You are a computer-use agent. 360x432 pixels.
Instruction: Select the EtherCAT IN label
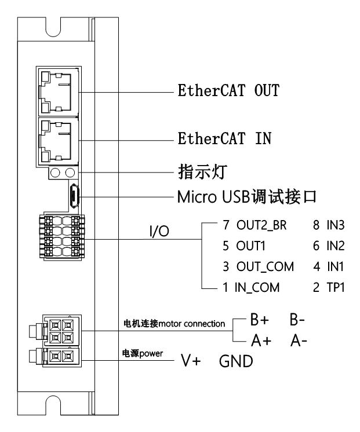pyautogui.click(x=224, y=140)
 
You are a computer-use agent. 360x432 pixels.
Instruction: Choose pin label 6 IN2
pyautogui.click(x=329, y=246)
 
